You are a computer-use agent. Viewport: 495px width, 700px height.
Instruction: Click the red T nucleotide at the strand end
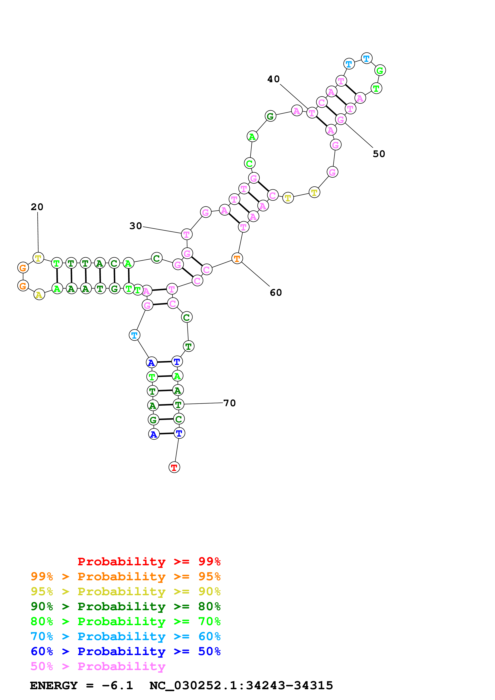174,467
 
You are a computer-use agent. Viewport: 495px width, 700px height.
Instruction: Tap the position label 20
37,207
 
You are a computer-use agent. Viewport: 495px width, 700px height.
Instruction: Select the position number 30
136,226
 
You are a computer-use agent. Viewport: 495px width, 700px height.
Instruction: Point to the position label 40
273,79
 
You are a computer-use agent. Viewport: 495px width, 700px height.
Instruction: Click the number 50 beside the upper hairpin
379,154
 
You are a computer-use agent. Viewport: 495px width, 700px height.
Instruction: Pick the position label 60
276,293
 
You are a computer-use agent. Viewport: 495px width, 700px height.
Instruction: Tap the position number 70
230,403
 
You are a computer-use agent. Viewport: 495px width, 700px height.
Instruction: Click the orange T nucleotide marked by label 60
237,259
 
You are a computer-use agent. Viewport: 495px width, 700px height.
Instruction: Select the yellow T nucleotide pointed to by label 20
38,258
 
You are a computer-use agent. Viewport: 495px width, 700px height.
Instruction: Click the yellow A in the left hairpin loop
39,295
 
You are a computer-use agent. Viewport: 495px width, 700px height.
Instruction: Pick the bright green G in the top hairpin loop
380,70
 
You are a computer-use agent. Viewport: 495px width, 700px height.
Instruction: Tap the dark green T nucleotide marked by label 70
179,404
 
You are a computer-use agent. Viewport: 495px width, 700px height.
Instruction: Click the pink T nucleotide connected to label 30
187,234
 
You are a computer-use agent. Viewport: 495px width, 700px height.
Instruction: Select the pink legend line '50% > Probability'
98,666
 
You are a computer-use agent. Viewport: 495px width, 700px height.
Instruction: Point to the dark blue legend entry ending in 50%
125,652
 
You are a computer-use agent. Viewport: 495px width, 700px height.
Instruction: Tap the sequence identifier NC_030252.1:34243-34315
241,686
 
